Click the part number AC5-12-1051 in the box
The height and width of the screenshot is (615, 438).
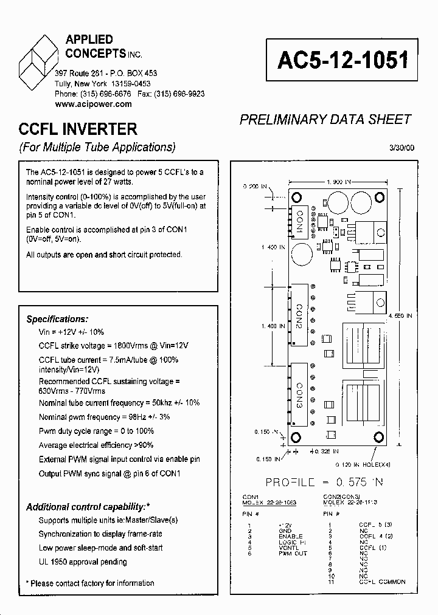[342, 60]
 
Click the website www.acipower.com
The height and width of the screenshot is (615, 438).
[93, 104]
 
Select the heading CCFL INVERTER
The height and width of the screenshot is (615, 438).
[78, 129]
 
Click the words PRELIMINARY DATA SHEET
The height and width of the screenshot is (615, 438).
[325, 120]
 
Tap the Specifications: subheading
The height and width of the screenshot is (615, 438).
[57, 319]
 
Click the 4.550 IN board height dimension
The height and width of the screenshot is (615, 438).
[401, 316]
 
